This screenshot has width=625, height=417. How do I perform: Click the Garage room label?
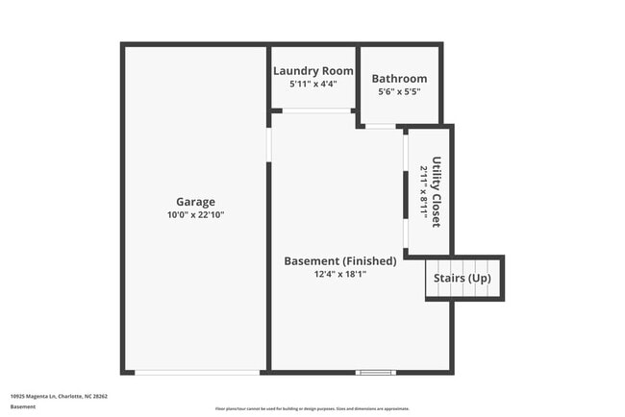pyautogui.click(x=195, y=202)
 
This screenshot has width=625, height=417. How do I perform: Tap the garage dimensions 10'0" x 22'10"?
pyautogui.click(x=195, y=214)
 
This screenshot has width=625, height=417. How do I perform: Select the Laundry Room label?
pyautogui.click(x=313, y=71)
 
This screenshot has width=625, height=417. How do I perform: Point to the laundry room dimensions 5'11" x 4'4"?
pyautogui.click(x=313, y=84)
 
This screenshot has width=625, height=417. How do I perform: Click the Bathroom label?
pyautogui.click(x=399, y=79)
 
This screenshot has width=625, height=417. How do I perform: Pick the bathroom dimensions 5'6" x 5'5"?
pyautogui.click(x=399, y=91)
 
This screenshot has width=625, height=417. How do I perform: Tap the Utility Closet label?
pyautogui.click(x=437, y=191)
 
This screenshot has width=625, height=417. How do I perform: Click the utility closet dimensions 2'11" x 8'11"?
pyautogui.click(x=423, y=191)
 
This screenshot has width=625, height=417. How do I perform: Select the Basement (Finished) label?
pyautogui.click(x=340, y=261)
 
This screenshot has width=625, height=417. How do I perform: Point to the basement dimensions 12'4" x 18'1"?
pyautogui.click(x=340, y=274)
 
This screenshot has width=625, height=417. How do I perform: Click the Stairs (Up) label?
pyautogui.click(x=462, y=279)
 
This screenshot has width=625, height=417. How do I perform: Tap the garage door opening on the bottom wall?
pyautogui.click(x=198, y=373)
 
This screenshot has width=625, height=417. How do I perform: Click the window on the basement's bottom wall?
pyautogui.click(x=375, y=373)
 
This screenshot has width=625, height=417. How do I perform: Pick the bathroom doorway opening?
pyautogui.click(x=380, y=126)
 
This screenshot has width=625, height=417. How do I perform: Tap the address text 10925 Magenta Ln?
pyautogui.click(x=59, y=396)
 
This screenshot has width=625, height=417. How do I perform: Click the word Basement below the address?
pyautogui.click(x=23, y=407)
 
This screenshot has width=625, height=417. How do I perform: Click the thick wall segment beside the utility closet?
pyautogui.click(x=406, y=195)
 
